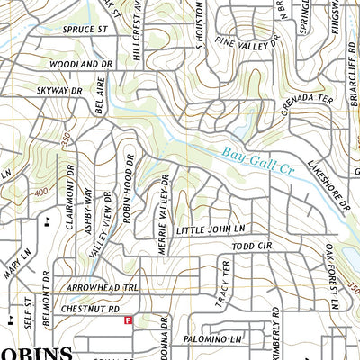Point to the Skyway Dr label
point(61,91)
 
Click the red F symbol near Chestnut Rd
point(128,319)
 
